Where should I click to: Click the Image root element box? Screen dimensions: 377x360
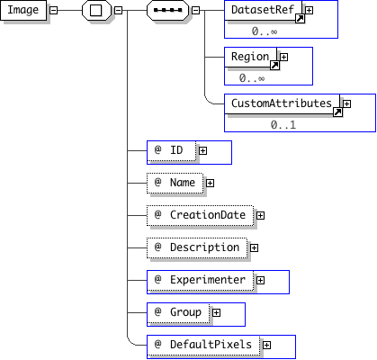click(23, 10)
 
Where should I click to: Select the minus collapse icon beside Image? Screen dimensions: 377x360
click(53, 10)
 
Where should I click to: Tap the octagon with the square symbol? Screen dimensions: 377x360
click(96, 10)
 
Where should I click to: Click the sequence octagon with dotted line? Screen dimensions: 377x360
click(168, 10)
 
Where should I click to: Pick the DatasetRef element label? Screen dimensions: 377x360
click(263, 10)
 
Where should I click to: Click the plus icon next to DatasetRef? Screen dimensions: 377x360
click(309, 10)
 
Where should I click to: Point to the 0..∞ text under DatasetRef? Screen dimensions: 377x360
click(265, 31)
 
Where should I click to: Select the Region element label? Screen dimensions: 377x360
click(250, 57)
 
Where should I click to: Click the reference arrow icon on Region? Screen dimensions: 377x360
click(274, 66)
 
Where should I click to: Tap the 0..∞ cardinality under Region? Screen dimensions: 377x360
click(252, 78)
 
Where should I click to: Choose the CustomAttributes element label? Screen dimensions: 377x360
click(282, 103)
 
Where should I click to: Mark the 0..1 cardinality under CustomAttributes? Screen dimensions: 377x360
click(283, 125)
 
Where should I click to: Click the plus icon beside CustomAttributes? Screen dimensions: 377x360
click(346, 103)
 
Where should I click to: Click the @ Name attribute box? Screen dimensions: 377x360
click(175, 183)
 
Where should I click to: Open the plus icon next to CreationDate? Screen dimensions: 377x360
click(260, 215)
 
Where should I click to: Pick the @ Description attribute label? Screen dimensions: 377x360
click(197, 247)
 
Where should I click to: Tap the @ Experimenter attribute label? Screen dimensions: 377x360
click(201, 280)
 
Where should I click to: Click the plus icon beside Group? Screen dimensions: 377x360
click(216, 312)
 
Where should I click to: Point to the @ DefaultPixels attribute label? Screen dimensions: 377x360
click(203, 345)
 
